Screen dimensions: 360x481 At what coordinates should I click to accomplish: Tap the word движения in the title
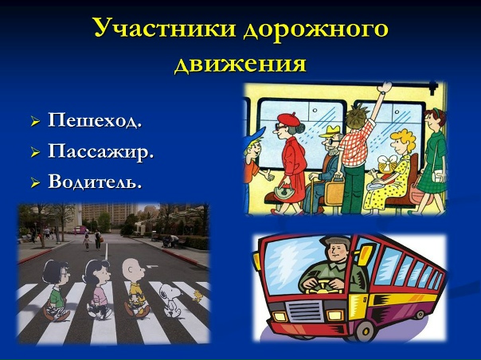tap(240, 63)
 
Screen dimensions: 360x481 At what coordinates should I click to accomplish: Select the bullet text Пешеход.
tap(95, 121)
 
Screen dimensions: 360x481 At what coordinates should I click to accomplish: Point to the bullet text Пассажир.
tap(100, 151)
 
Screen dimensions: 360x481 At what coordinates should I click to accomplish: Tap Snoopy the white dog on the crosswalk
tap(166, 299)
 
